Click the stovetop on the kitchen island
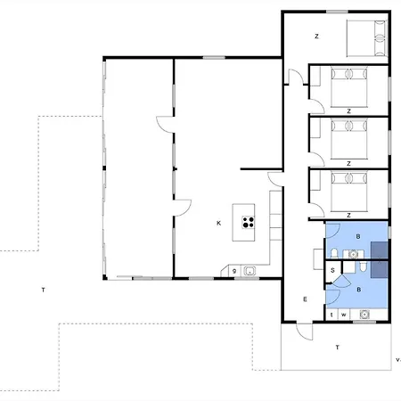point(249,222)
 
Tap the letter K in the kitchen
point(219,223)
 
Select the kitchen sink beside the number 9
point(250,271)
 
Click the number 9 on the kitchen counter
point(234,271)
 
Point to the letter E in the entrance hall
point(305,299)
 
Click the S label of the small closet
point(332,270)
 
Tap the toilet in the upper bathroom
point(334,253)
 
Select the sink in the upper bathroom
point(353,254)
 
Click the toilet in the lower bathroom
point(363,266)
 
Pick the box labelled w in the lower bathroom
point(344,315)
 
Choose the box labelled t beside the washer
point(331,315)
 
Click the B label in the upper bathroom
point(358,236)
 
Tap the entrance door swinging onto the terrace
point(305,331)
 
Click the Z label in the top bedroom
point(316,37)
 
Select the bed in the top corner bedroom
point(367,38)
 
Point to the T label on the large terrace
point(44,290)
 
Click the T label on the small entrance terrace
point(337,347)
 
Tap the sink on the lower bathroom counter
point(364,314)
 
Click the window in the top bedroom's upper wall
point(337,12)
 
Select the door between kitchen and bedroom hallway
point(275,179)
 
